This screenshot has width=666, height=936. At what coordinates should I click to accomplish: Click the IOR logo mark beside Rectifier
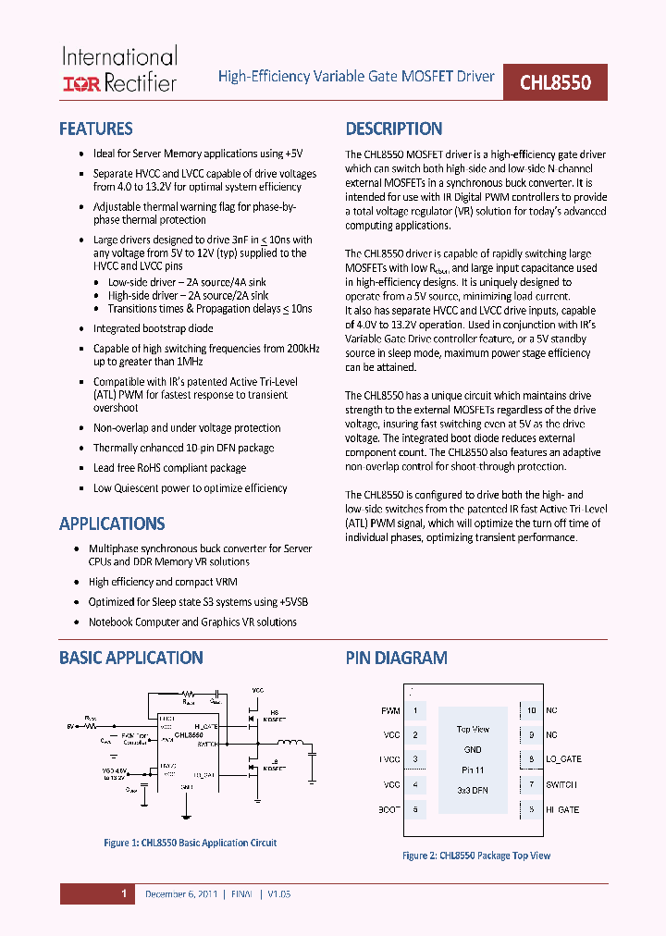click(80, 84)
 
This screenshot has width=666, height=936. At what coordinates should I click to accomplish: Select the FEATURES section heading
click(96, 129)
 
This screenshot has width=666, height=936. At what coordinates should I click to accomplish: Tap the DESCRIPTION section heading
click(394, 129)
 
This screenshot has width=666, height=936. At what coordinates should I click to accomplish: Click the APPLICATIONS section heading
click(112, 524)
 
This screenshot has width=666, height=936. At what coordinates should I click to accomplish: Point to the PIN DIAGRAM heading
click(397, 659)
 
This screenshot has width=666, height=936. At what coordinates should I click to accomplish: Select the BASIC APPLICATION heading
click(131, 659)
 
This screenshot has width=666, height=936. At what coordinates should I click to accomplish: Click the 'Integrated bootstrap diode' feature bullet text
click(154, 328)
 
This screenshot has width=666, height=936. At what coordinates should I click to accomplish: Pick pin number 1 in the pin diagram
click(415, 710)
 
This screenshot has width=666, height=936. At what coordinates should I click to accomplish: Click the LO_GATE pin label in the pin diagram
click(562, 759)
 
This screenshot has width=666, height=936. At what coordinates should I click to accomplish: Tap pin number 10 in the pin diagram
click(531, 710)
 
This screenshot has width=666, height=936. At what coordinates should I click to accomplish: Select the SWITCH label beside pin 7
click(561, 784)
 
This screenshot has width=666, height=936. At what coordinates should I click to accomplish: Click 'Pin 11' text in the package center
click(473, 770)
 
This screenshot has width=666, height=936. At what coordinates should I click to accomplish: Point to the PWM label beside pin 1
click(390, 711)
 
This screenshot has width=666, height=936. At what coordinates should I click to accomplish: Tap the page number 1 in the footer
click(123, 894)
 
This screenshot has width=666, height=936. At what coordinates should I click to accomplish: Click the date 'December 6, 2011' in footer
click(181, 894)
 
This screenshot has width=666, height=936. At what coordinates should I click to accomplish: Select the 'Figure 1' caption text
click(190, 843)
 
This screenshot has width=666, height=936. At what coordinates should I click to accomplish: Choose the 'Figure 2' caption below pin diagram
click(476, 856)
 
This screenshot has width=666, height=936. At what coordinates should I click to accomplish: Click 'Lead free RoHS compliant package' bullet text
click(170, 468)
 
